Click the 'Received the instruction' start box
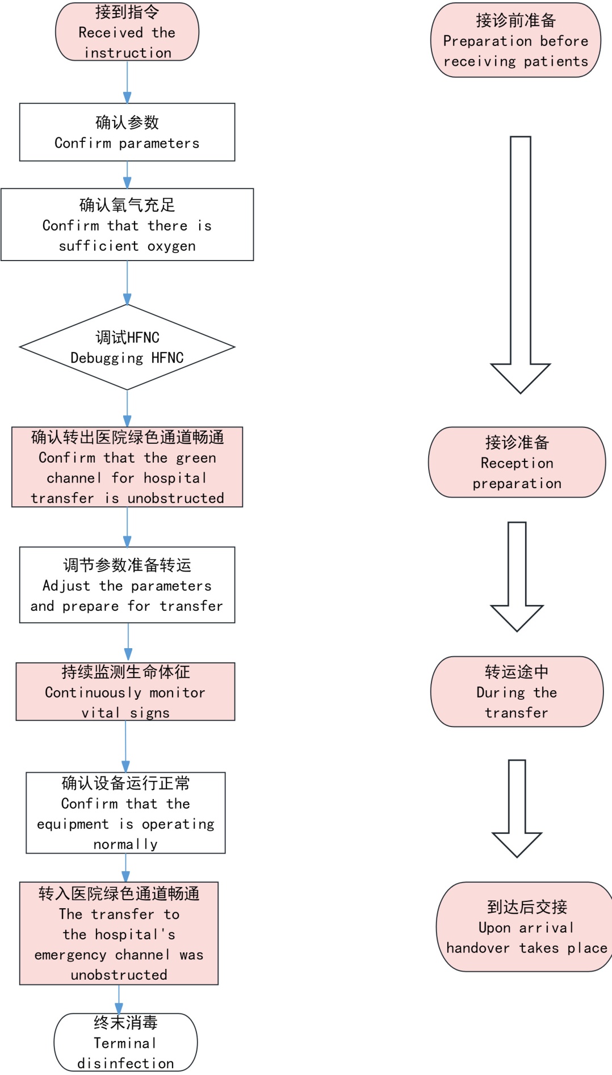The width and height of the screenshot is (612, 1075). click(x=127, y=32)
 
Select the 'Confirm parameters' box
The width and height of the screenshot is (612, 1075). click(x=127, y=132)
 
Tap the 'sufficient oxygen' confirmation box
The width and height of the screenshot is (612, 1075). click(x=127, y=225)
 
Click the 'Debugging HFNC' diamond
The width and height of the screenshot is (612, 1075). click(x=127, y=347)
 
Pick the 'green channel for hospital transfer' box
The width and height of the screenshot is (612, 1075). click(x=127, y=467)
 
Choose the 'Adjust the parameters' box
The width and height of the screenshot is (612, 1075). click(x=127, y=585)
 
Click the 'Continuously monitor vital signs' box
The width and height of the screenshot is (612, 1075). click(x=125, y=692)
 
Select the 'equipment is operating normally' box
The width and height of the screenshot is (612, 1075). click(x=125, y=813)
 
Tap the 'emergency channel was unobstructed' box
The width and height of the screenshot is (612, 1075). click(x=119, y=934)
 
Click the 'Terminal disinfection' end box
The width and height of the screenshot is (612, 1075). click(x=125, y=1042)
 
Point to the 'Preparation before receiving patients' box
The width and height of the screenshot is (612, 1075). click(x=515, y=40)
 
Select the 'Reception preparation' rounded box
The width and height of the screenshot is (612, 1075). click(x=517, y=463)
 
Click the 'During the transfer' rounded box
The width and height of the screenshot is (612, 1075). click(x=517, y=692)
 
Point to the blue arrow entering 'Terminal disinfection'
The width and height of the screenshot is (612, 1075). click(x=119, y=1000)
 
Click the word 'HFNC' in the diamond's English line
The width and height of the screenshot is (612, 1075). click(x=167, y=358)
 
